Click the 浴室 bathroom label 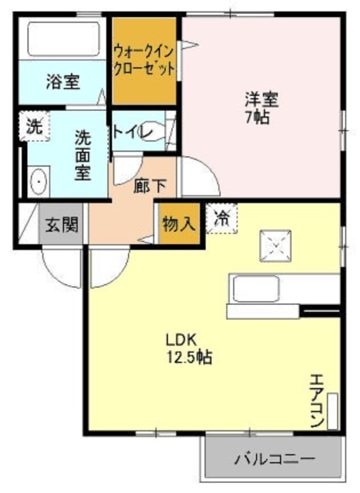tap(63, 82)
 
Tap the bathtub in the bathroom tap(64, 39)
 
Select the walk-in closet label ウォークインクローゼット tap(144, 60)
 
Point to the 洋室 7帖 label tap(261, 108)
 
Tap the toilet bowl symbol tap(153, 132)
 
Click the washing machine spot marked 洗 tap(34, 126)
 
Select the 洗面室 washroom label tap(82, 155)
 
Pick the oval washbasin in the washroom tap(39, 182)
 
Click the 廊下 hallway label tap(150, 186)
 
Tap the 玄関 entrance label tap(62, 224)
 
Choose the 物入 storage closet tap(180, 224)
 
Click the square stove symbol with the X tap(275, 246)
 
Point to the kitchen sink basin tap(256, 289)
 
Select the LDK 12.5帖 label tap(189, 348)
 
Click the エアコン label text tap(317, 401)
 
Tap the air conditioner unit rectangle tap(332, 411)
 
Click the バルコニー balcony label tap(274, 459)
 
